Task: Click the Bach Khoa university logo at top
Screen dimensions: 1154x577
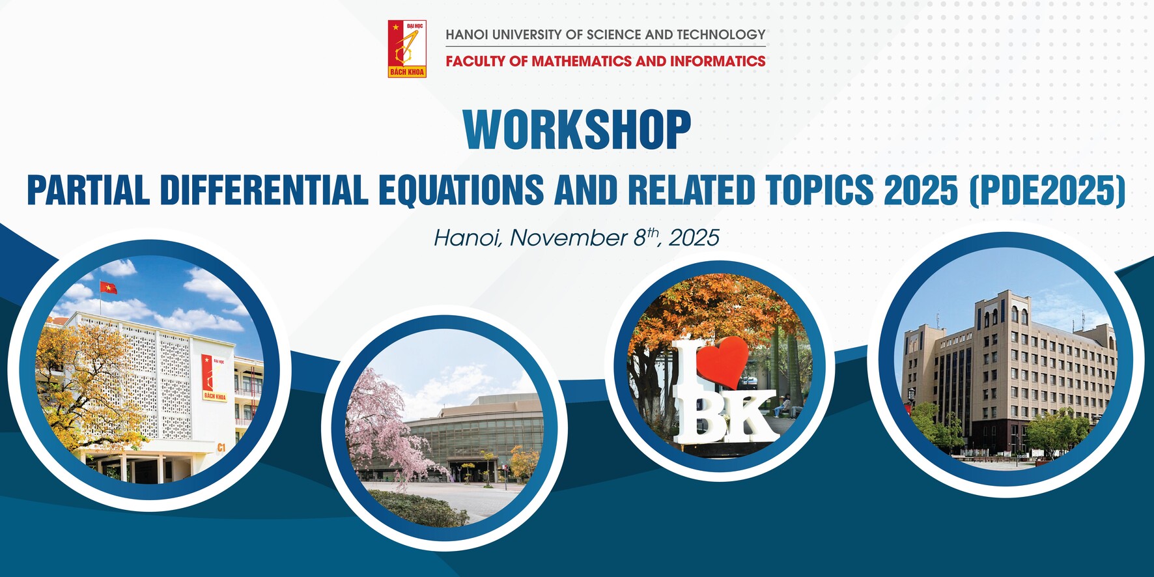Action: point(407,49)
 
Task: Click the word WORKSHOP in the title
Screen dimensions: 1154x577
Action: point(577,130)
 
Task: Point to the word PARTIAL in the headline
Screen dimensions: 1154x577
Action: point(88,190)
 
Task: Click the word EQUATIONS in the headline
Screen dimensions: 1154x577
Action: point(461,190)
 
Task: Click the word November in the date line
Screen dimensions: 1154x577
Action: point(569,238)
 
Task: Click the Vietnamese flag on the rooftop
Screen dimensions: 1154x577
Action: point(108,287)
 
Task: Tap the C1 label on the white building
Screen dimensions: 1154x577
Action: point(221,447)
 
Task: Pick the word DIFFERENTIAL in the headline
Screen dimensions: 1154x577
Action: point(264,190)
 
